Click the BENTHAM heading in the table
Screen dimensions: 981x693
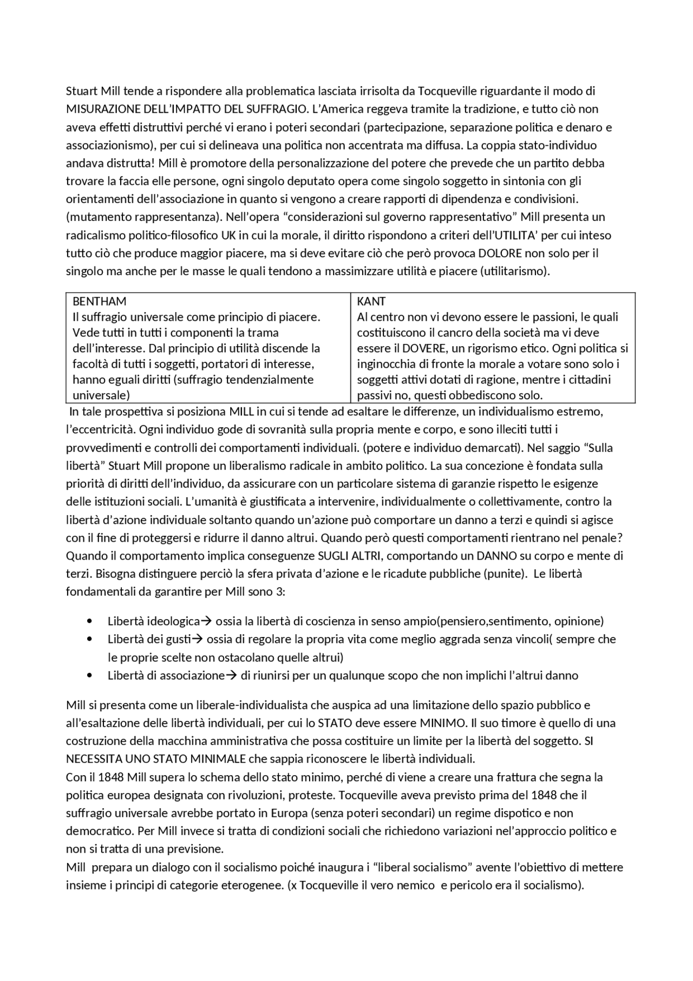click(x=100, y=301)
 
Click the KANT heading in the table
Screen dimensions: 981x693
click(x=371, y=301)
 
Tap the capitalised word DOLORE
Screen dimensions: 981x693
click(x=500, y=254)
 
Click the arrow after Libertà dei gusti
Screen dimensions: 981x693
click(x=198, y=639)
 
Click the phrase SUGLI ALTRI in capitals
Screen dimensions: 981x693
click(x=350, y=556)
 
